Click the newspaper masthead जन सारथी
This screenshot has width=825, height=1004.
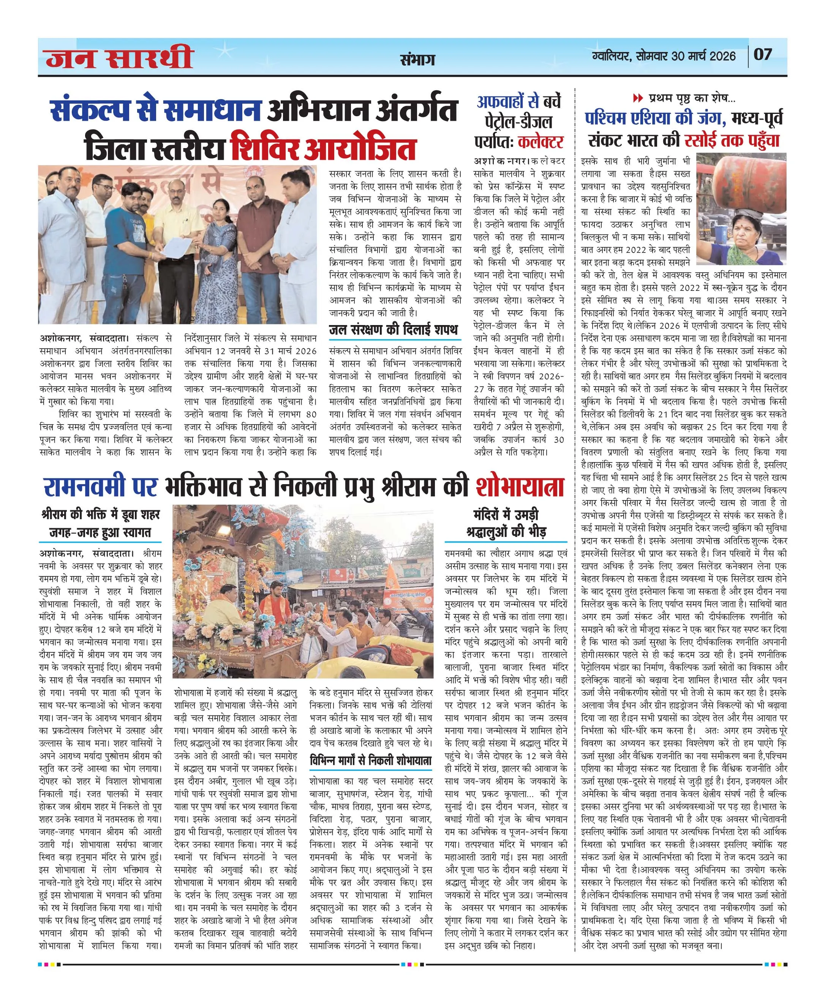(x=119, y=57)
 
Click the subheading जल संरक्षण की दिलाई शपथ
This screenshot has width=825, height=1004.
(x=394, y=330)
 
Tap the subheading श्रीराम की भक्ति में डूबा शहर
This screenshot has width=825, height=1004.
(x=101, y=515)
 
